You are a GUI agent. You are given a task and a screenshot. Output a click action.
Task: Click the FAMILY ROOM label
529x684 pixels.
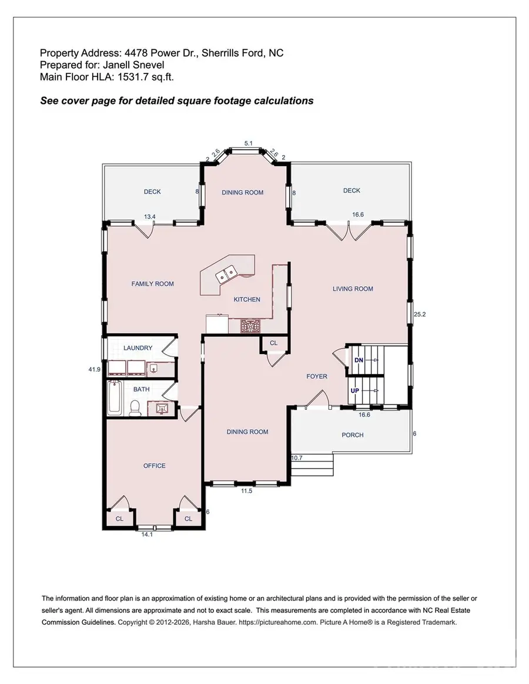pyautogui.click(x=152, y=284)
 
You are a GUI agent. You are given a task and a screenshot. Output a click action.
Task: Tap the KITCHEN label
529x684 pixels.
pyautogui.click(x=247, y=299)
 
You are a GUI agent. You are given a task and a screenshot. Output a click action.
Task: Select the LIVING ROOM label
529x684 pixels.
pyautogui.click(x=353, y=289)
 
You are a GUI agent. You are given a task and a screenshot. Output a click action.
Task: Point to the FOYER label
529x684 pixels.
pyautogui.click(x=317, y=376)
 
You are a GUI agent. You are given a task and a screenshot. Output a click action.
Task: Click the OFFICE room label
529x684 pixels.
pyautogui.click(x=155, y=466)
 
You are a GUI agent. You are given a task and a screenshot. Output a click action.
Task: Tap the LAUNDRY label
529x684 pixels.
pyautogui.click(x=138, y=348)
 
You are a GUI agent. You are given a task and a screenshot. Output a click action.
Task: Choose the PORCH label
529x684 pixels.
pyautogui.click(x=352, y=435)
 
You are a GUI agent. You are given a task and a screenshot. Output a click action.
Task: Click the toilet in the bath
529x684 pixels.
pyautogui.click(x=135, y=407)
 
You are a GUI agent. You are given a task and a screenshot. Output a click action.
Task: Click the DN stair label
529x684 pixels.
pyautogui.click(x=358, y=360)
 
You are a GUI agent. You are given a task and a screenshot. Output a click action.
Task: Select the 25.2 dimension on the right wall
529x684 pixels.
pyautogui.click(x=419, y=315)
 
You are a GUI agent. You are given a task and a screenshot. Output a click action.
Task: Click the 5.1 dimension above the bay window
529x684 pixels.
pyautogui.click(x=248, y=143)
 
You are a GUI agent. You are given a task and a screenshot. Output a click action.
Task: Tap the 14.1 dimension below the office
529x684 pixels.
pyautogui.click(x=147, y=535)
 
